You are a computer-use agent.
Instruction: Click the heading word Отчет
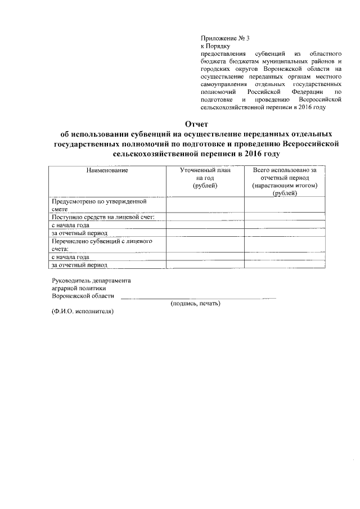point(196,124)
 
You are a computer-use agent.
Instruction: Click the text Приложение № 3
point(224,38)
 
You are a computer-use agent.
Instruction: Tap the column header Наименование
point(106,170)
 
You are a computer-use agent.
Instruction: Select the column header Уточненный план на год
point(205,178)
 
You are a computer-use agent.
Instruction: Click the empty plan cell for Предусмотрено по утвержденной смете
point(205,204)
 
